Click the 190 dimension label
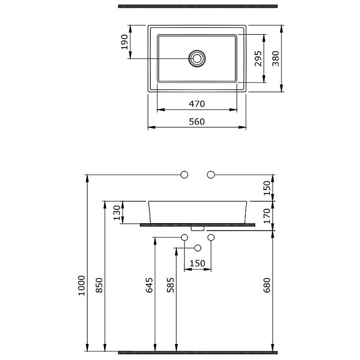coord(125,42)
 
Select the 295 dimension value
coord(258,58)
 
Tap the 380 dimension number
coord(275,58)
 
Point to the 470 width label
coord(197,104)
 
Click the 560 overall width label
coord(197,121)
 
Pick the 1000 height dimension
coord(81,285)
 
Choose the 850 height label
coord(99,285)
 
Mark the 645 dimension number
coord(149,285)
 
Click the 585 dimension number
coord(171,285)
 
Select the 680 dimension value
coord(267,285)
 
